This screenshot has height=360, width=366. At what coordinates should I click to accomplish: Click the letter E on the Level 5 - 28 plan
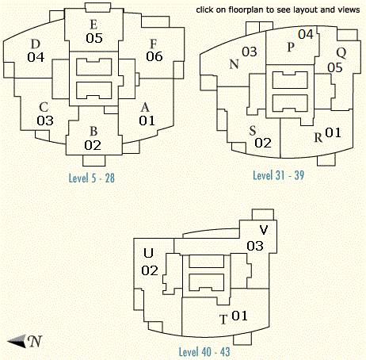pos(93,25)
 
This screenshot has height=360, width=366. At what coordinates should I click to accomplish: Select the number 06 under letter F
pos(154,56)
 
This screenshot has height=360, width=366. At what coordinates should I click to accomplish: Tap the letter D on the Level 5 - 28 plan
pos(36,44)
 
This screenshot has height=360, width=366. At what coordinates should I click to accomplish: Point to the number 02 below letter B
pos(93,145)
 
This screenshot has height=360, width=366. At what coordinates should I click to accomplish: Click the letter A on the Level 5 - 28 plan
pos(145,107)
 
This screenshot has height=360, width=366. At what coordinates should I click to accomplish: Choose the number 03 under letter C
pos(45,121)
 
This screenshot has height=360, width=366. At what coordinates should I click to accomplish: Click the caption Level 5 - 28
pos(92,178)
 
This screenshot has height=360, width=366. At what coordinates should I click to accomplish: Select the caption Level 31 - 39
pos(279,175)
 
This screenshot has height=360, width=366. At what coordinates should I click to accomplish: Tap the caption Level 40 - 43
pos(204,352)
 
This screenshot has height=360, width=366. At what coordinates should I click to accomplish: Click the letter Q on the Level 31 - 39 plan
pos(341,53)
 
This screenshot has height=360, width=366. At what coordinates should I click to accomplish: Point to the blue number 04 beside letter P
pos(306,34)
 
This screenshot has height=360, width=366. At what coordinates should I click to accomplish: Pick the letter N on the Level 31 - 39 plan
pos(234,64)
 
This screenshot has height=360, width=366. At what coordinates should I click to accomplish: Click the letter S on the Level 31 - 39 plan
pos(253,131)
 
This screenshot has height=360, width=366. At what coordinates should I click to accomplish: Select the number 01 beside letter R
pos(333,132)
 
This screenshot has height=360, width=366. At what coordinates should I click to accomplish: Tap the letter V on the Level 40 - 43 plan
pos(264,230)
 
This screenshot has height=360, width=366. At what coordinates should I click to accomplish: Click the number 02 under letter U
pos(150,270)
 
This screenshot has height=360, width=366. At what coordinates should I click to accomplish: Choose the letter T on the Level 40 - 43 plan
pos(223,320)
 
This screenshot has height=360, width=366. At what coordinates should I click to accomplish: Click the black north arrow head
pos(17,341)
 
